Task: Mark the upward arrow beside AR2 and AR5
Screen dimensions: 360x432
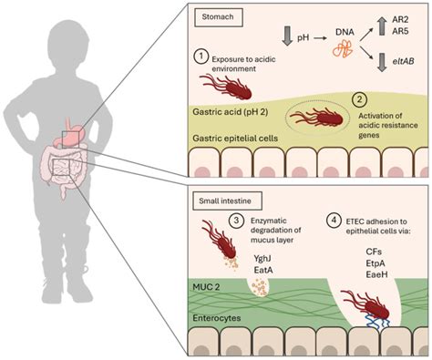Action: click(373, 32)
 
